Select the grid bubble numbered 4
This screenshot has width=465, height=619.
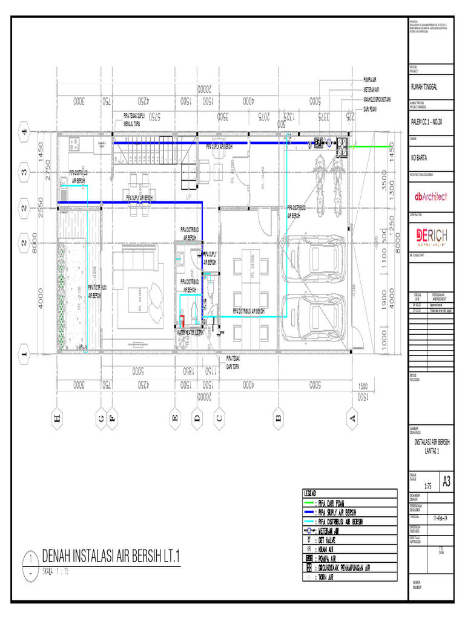[x=25, y=131]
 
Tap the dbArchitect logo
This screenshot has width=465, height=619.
[x=430, y=196]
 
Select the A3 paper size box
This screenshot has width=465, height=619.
[x=446, y=482]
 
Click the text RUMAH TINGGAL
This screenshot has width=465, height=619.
[x=424, y=87]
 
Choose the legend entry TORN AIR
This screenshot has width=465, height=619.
[x=329, y=577]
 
